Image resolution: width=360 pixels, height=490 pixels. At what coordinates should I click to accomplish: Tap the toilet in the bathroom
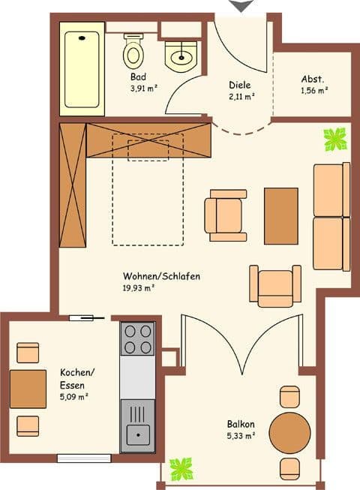[133, 50]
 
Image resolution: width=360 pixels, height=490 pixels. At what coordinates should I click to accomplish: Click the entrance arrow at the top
[240, 6]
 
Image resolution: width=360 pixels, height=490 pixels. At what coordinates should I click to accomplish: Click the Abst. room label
[313, 80]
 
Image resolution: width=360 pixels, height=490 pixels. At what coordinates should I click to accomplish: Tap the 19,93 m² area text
[139, 287]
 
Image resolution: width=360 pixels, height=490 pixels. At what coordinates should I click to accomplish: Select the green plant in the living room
[334, 138]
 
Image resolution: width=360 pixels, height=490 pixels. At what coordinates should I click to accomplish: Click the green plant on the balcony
[181, 468]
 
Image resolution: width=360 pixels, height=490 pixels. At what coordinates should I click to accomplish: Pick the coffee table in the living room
[281, 215]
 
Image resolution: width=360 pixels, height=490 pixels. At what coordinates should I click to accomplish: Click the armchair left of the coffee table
[225, 215]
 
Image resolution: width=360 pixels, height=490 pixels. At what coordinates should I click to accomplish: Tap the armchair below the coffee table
[275, 286]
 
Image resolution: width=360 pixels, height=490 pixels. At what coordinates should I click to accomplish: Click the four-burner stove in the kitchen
[138, 338]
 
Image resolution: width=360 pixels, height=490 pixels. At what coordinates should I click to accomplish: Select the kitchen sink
[138, 434]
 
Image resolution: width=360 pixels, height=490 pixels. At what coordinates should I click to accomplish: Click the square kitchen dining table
[28, 389]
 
